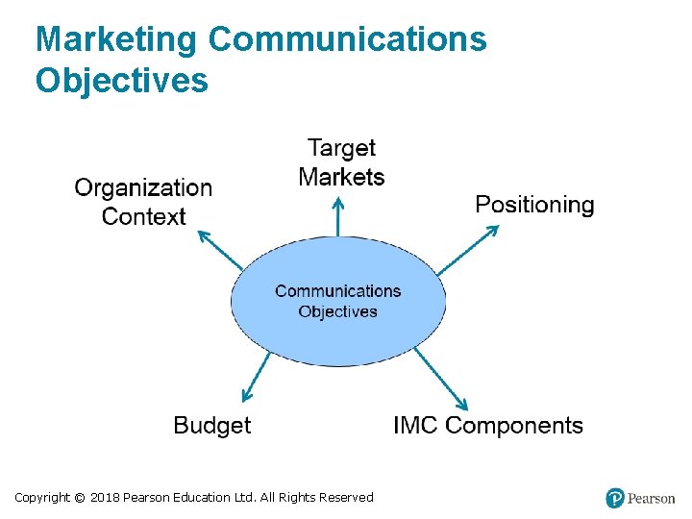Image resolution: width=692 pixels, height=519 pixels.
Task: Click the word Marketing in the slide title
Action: pyautogui.click(x=116, y=40)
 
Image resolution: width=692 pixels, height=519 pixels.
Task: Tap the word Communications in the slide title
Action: pyautogui.click(x=347, y=40)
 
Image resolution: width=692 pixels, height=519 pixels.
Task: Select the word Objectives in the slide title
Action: pyautogui.click(x=121, y=81)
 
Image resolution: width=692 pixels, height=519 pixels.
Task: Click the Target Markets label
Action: pyautogui.click(x=341, y=162)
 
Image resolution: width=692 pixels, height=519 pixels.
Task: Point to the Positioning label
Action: pyautogui.click(x=534, y=205)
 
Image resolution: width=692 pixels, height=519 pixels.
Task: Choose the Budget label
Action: pyautogui.click(x=211, y=426)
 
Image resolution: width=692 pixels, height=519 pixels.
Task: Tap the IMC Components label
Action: pyautogui.click(x=488, y=426)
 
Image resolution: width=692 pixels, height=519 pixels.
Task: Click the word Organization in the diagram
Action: pyautogui.click(x=143, y=187)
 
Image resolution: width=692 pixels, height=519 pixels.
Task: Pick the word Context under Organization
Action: pyautogui.click(x=143, y=216)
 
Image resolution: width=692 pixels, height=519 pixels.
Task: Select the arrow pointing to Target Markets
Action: pyautogui.click(x=337, y=216)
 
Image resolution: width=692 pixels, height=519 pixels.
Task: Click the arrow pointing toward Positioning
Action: pyautogui.click(x=470, y=250)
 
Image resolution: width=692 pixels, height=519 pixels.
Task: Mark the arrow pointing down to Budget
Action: pyautogui.click(x=256, y=377)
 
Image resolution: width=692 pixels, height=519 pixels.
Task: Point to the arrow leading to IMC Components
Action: pyautogui.click(x=441, y=379)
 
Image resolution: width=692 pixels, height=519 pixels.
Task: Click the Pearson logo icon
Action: pyautogui.click(x=615, y=498)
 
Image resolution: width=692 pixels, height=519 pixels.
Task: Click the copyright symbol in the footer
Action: pyautogui.click(x=80, y=498)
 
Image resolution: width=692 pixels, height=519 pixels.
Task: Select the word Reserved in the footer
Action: pyautogui.click(x=346, y=498)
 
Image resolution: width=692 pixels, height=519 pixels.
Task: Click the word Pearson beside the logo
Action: pyautogui.click(x=652, y=499)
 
